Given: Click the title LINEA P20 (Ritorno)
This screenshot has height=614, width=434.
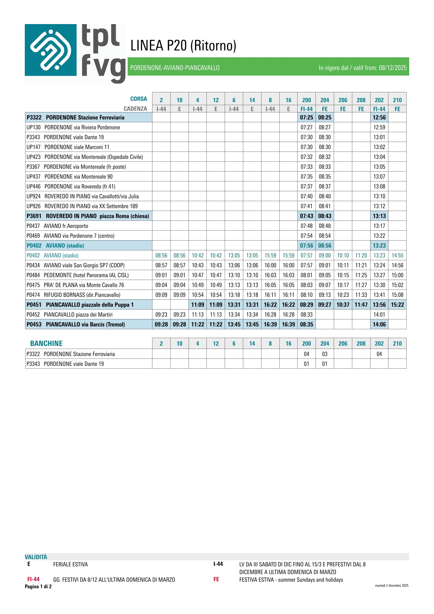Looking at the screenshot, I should tap(183, 46).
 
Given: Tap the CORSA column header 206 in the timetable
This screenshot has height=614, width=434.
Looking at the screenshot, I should tap(343, 100).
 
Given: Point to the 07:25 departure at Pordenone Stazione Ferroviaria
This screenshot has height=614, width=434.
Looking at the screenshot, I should tap(306, 118).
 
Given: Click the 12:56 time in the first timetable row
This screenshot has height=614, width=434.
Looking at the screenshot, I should tap(379, 118).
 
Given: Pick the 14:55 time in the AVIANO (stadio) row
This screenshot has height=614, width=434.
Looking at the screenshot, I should tap(397, 256).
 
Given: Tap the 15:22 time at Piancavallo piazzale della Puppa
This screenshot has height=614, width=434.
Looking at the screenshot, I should tap(397, 305).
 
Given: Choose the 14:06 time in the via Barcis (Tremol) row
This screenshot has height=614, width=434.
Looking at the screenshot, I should tap(379, 325).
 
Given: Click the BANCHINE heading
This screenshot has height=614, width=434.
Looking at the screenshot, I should tap(46, 344).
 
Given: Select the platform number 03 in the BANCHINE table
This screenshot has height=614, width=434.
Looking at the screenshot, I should tap(325, 354).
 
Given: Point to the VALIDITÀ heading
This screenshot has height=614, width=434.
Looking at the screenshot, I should tap(36, 557).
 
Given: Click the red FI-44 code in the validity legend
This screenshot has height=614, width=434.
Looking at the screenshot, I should tap(34, 579).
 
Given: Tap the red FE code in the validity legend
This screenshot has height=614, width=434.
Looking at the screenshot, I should tap(216, 579).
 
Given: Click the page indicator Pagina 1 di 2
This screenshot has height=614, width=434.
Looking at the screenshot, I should tap(38, 587).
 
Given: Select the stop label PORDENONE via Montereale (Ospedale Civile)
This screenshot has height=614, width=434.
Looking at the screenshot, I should tap(93, 157).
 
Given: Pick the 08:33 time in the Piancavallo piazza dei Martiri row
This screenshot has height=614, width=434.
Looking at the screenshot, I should tap(306, 315).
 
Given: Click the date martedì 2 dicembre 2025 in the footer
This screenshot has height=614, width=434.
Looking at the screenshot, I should tap(391, 586).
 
